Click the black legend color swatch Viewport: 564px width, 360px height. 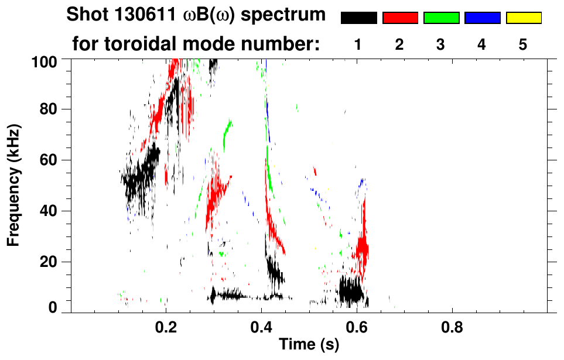[358, 18]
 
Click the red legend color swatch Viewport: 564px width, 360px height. [400, 18]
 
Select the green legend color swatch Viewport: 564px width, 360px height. [441, 18]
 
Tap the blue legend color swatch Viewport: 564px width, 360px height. [482, 18]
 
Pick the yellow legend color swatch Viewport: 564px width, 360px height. [523, 18]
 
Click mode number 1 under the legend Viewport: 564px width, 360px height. [358, 45]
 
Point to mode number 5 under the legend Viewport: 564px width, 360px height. [523, 45]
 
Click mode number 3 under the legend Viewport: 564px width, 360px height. [441, 45]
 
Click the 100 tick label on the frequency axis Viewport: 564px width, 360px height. [45, 61]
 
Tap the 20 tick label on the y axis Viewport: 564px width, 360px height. [49, 262]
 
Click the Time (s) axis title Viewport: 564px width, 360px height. [309, 345]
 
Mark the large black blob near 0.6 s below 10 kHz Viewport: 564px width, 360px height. [351, 290]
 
